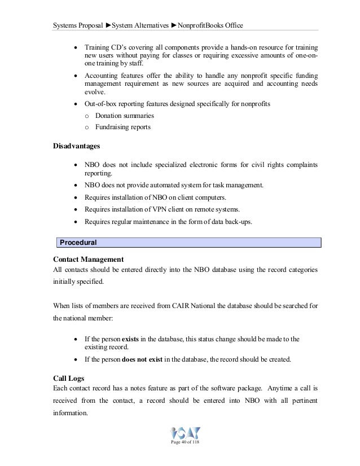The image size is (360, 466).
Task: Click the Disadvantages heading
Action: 76,146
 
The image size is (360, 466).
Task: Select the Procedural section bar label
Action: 79,243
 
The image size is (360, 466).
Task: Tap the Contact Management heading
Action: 88,260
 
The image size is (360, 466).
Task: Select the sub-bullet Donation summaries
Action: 125,116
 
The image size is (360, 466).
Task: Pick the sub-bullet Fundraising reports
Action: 123,127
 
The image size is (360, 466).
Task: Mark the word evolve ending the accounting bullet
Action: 95,92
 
